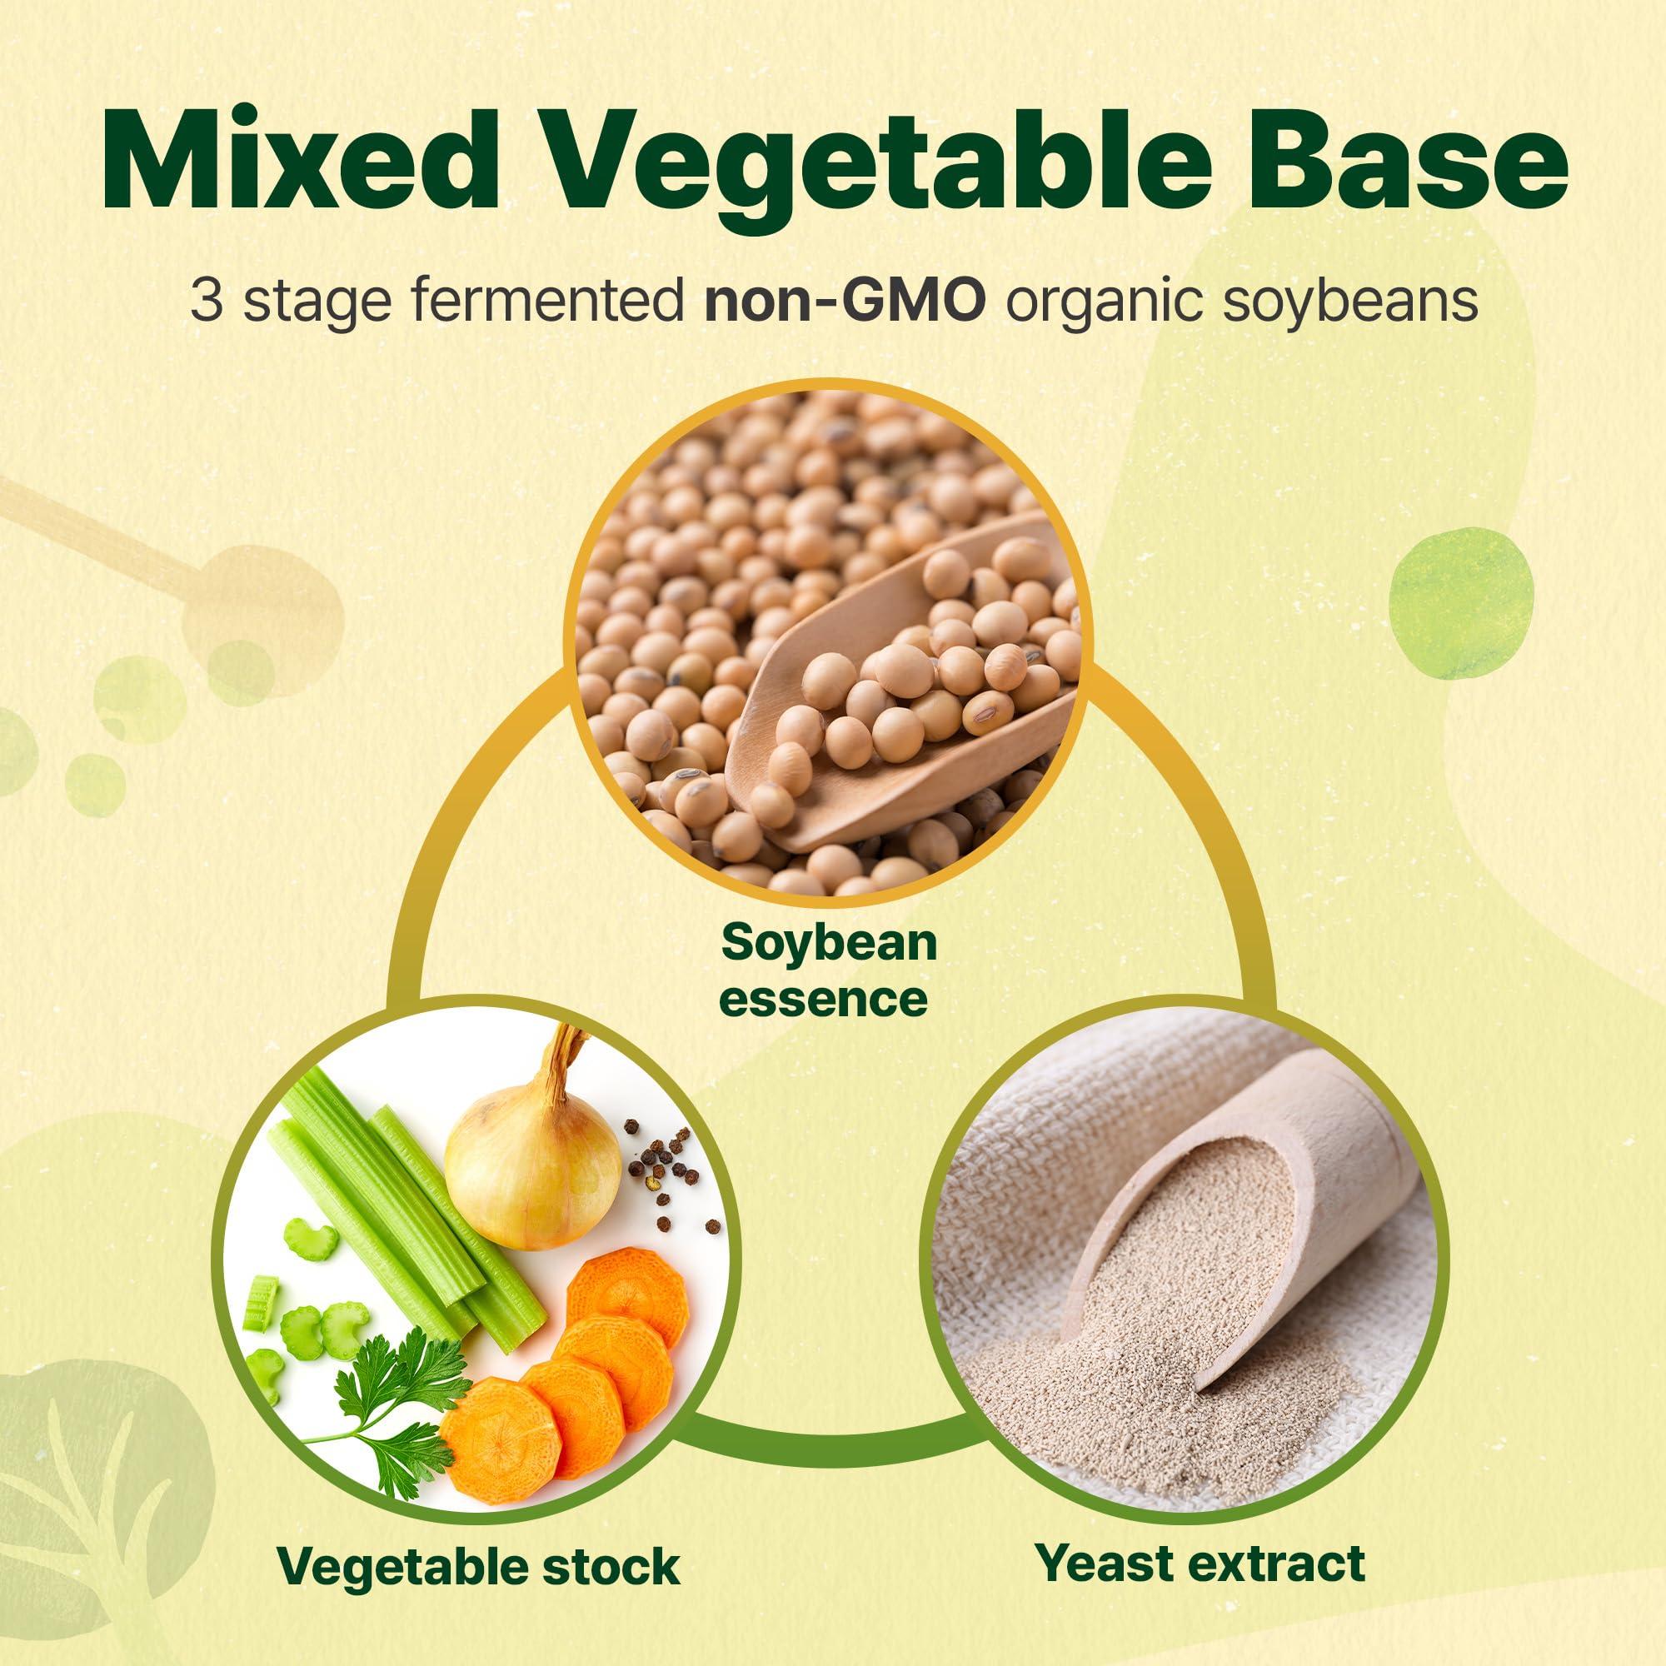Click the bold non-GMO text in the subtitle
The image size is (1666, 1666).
pos(844,302)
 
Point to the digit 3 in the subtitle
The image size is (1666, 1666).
pos(204,302)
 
